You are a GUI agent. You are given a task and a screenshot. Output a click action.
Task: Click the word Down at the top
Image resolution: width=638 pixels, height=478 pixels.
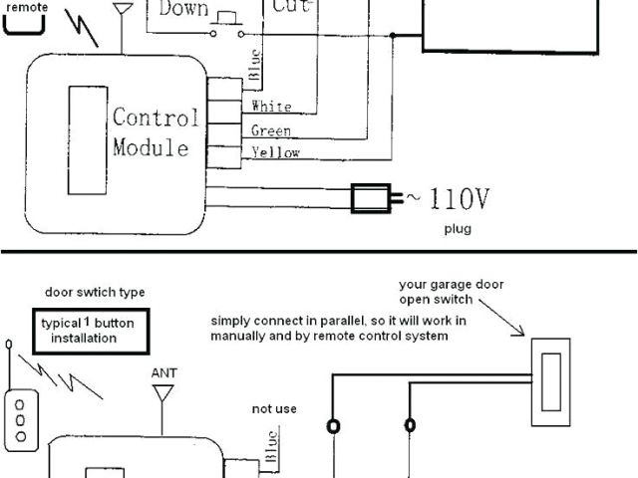[x=183, y=9]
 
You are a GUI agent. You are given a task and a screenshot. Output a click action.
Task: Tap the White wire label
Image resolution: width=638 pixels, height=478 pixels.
[x=271, y=107]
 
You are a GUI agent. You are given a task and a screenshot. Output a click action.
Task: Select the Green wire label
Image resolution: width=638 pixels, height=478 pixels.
[x=271, y=130]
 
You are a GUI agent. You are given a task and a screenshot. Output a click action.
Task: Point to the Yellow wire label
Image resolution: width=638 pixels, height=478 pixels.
[x=274, y=153]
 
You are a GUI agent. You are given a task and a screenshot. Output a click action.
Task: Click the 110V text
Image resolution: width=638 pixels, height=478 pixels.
[x=454, y=199]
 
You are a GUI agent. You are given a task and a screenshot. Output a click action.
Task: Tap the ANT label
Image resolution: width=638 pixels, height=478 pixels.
[x=163, y=373]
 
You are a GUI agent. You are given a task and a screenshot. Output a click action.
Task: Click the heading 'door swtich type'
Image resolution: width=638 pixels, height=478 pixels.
[x=95, y=293]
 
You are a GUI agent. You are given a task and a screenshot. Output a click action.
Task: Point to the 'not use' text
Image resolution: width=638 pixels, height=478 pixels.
[x=274, y=408]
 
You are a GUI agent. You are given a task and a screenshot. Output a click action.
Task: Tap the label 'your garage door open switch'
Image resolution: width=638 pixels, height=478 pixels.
[x=451, y=291]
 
